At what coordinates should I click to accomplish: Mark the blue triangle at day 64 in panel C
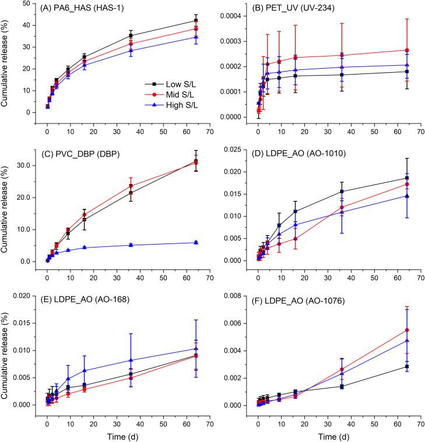coord(196,242)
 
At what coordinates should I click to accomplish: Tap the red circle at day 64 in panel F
coord(406,330)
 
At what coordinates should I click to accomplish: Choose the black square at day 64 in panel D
coord(406,178)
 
